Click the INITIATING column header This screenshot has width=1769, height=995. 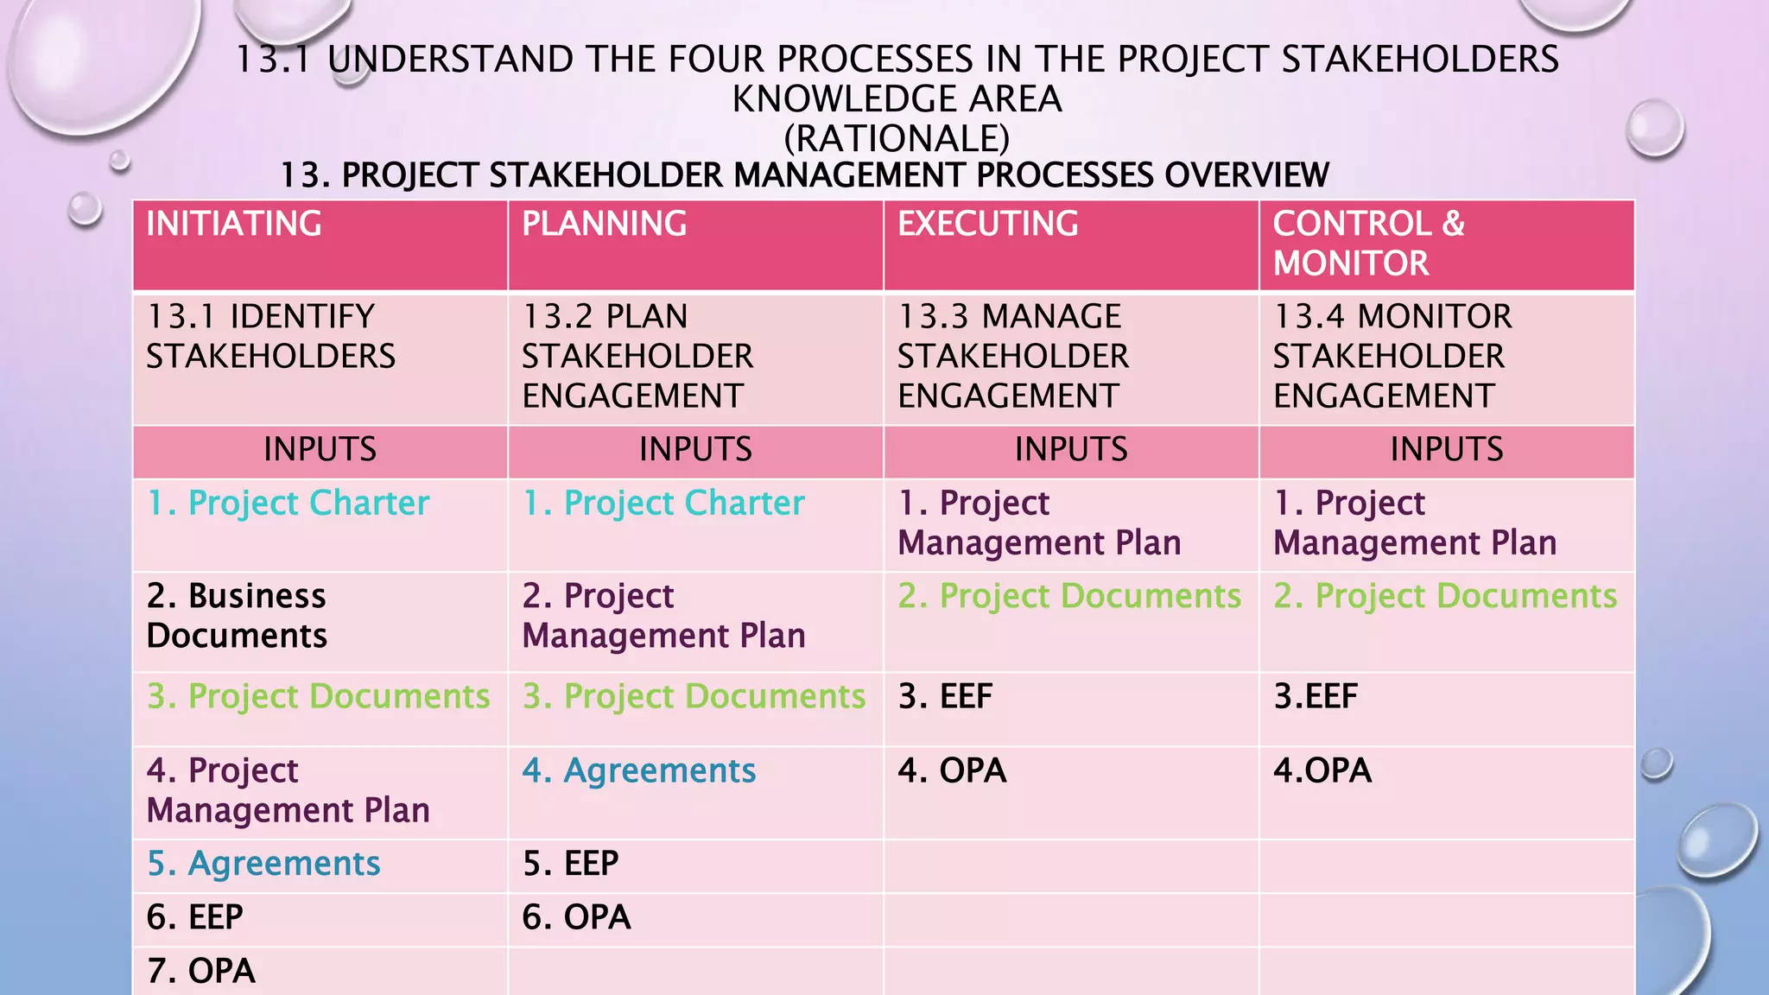click(x=234, y=225)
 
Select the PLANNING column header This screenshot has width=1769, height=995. click(x=605, y=225)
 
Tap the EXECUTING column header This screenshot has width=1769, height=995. click(x=988, y=225)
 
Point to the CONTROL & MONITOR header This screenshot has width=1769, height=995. click(x=1368, y=244)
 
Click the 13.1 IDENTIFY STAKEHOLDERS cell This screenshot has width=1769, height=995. click(x=270, y=337)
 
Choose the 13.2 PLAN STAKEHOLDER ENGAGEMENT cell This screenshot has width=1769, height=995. click(x=637, y=356)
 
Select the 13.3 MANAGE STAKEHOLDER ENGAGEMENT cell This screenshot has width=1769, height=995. click(x=1012, y=356)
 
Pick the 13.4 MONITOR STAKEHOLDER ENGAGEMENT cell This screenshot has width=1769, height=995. click(x=1392, y=356)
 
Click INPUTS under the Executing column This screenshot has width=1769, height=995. click(x=1071, y=450)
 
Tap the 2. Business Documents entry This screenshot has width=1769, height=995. click(x=237, y=616)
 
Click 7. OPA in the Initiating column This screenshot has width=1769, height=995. click(x=201, y=971)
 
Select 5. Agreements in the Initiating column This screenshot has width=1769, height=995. click(x=263, y=864)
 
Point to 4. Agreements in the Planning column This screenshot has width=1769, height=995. click(x=639, y=770)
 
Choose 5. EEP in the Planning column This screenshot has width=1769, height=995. click(x=571, y=864)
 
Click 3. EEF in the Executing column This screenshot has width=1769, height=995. click(x=945, y=696)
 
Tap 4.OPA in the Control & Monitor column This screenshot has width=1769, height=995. click(x=1322, y=770)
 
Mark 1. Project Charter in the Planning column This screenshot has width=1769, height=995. click(x=663, y=504)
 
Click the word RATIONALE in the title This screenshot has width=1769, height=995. click(x=897, y=138)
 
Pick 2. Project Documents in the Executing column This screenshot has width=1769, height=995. click(x=1069, y=596)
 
